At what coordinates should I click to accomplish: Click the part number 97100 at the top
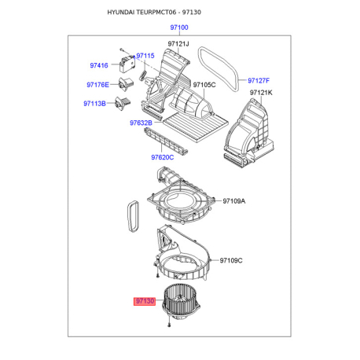point(179,28)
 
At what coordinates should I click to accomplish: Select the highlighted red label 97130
point(145,301)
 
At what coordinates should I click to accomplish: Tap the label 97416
point(99,65)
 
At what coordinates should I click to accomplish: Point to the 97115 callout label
point(145,56)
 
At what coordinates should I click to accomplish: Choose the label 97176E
point(97,85)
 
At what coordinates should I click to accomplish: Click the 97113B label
point(94,104)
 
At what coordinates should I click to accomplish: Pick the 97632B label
point(141,123)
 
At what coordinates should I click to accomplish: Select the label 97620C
point(163,157)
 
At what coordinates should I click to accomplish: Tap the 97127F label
point(259,81)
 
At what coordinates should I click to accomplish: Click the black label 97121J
point(178,44)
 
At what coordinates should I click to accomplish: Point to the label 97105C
point(204,85)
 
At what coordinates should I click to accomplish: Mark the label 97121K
point(261,93)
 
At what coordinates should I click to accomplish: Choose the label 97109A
point(234,201)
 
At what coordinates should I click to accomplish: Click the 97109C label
point(231,260)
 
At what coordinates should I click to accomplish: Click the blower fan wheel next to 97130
point(182,301)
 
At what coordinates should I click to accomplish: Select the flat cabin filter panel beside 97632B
point(196,127)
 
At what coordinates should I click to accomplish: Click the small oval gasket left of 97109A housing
point(134,217)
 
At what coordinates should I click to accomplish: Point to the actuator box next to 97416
point(127,64)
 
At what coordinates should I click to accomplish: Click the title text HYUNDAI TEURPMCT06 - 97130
point(154,13)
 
